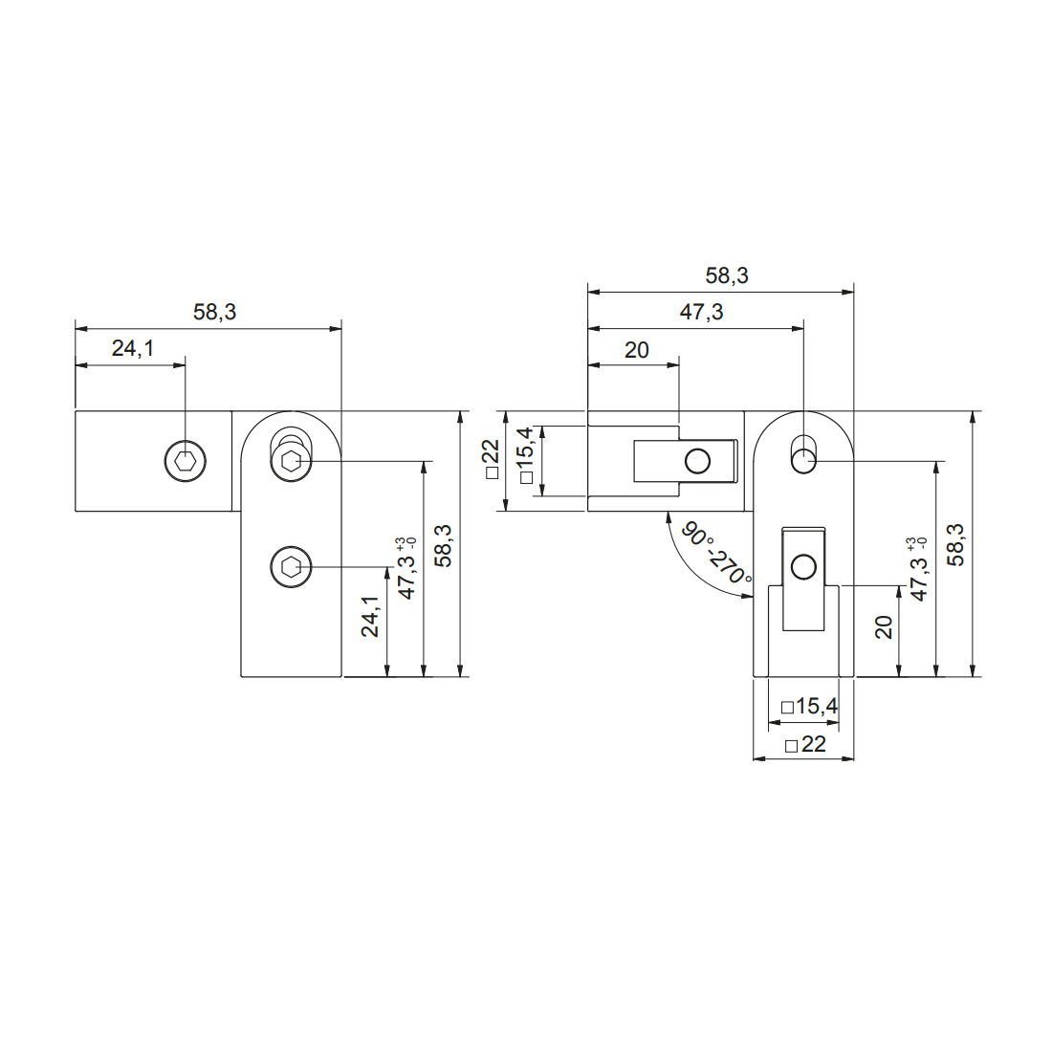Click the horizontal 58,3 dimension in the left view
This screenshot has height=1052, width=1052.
[x=214, y=313]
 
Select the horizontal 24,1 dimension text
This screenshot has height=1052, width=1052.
[x=132, y=349]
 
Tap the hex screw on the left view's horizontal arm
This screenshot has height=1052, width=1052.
[x=185, y=463]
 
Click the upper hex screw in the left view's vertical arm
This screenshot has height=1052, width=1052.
[x=291, y=463]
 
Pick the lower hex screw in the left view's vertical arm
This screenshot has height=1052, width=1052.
[x=291, y=568]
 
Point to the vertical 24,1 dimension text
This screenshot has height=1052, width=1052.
[x=371, y=617]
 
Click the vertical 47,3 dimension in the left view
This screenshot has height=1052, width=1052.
[x=407, y=571]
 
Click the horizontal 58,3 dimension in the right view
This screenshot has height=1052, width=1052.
[x=727, y=276]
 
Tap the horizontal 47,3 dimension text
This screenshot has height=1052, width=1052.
[x=701, y=313]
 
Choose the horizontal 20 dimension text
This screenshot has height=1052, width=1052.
[x=636, y=350]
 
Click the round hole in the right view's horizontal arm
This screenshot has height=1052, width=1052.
[x=698, y=463]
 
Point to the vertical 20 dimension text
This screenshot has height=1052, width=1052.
[x=884, y=627]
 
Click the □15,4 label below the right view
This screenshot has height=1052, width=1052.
[x=809, y=707]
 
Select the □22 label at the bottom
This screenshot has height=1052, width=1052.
[x=804, y=745]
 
